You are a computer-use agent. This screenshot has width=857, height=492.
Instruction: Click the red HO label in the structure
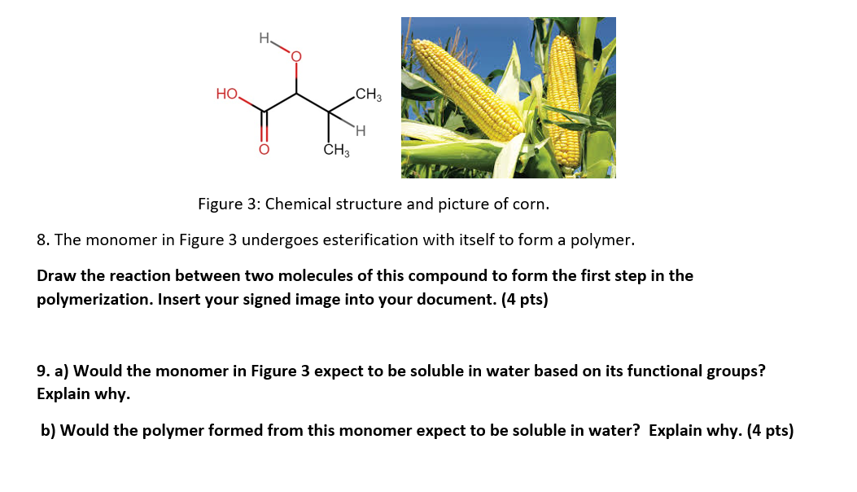pyautogui.click(x=227, y=94)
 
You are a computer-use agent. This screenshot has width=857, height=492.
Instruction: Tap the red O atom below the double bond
pyautogui.click(x=263, y=150)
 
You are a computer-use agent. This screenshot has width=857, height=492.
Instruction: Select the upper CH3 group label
pyautogui.click(x=368, y=94)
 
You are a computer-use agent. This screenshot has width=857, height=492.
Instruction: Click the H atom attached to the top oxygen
pyautogui.click(x=263, y=37)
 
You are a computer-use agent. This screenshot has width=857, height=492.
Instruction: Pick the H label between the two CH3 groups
pyautogui.click(x=360, y=130)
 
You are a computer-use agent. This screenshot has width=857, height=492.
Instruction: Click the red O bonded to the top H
pyautogui.click(x=295, y=57)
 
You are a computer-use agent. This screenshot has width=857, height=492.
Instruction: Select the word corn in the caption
pyautogui.click(x=533, y=204)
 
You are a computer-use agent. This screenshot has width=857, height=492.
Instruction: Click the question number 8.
pyautogui.click(x=44, y=240)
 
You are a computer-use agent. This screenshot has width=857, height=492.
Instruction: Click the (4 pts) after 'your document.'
pyautogui.click(x=520, y=300)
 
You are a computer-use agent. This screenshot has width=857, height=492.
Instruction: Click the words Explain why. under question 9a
pyautogui.click(x=83, y=393)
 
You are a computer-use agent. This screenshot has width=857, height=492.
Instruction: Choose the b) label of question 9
pyautogui.click(x=50, y=430)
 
